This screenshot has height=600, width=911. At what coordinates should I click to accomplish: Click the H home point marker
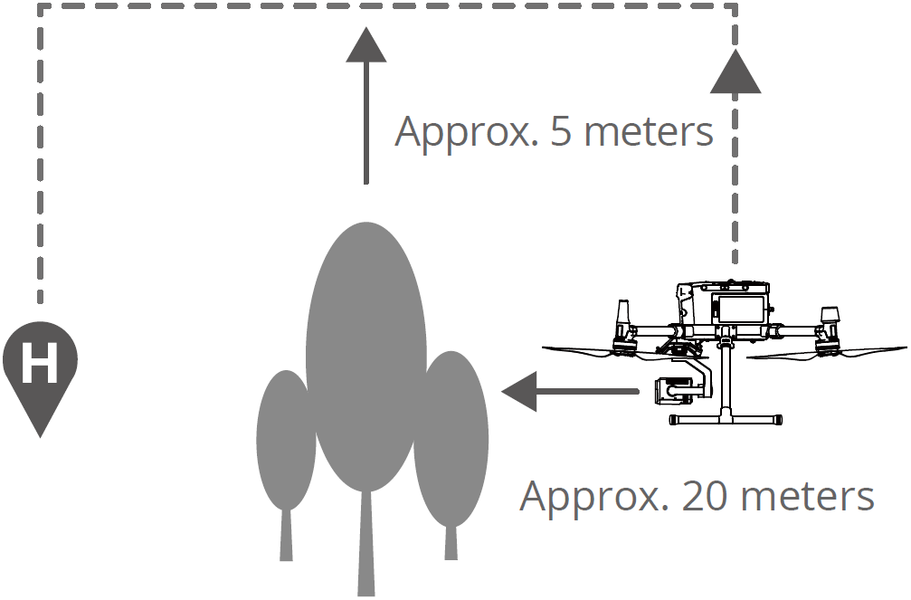pos(40,365)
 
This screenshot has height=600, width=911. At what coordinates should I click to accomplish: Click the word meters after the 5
pos(648,132)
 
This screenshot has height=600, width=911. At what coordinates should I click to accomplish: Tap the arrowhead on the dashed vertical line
pos(735,72)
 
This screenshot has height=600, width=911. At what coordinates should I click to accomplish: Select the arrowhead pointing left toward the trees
pos(520,392)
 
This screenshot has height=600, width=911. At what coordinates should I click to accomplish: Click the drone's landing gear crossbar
pos(724,420)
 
